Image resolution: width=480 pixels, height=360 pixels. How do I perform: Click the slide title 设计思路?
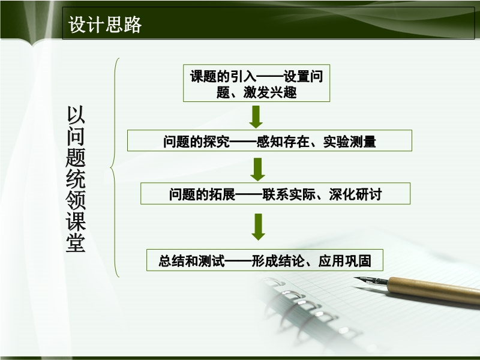tap(104, 25)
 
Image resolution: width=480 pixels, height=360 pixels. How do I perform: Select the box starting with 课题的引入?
tap(257, 83)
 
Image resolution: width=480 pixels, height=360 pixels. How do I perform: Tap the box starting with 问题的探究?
tap(269, 140)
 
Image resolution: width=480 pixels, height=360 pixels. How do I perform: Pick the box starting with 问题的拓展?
tap(275, 193)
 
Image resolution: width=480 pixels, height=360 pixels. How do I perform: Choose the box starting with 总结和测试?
tap(265, 260)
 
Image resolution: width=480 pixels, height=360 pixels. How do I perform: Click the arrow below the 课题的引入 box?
tap(256, 117)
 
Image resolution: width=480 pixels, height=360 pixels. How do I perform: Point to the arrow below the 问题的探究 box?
tap(258, 169)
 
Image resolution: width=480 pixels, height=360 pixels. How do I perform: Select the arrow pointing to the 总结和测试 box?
tap(259, 227)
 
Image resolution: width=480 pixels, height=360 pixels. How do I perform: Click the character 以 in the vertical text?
tap(76, 115)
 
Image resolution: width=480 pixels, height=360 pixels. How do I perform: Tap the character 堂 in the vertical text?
tap(76, 243)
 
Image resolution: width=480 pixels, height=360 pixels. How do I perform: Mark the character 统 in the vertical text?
tap(76, 179)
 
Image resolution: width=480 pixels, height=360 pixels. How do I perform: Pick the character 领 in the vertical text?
tap(76, 200)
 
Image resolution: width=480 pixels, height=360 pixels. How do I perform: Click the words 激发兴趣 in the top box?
tap(270, 92)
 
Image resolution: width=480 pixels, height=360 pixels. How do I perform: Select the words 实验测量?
tap(350, 142)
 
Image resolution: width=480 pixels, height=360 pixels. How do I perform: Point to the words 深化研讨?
tap(355, 194)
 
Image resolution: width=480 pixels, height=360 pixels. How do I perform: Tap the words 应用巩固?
tap(344, 261)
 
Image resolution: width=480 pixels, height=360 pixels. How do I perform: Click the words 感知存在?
tap(283, 142)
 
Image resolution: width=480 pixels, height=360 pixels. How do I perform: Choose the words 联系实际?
tap(289, 194)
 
